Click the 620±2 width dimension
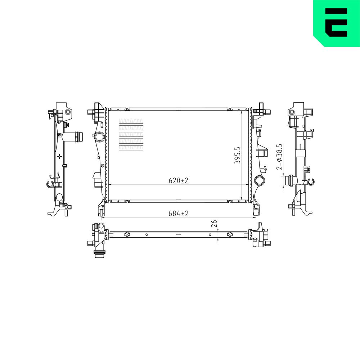point(179,181)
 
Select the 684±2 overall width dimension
point(179,213)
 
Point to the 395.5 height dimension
point(237,156)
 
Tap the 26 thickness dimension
point(214,223)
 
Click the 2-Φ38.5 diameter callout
point(279,157)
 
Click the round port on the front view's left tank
point(100,137)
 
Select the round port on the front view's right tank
point(260,181)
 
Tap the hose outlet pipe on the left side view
point(73,137)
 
